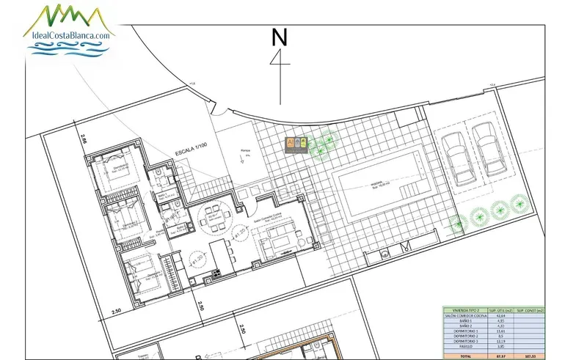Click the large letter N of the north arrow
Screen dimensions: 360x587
[278, 37]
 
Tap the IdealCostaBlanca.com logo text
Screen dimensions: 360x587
[70, 34]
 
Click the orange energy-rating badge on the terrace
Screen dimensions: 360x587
[293, 143]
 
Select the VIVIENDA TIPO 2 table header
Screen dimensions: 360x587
[461, 310]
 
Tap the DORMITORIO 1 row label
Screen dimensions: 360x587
[460, 331]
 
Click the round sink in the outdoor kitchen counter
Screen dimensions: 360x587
[384, 255]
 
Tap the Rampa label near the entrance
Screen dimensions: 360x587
[245, 151]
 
